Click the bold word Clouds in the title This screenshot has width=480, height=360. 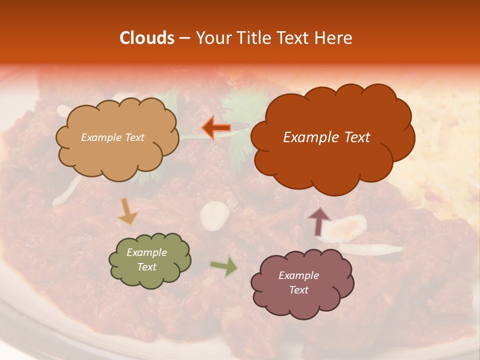pyautogui.click(x=147, y=38)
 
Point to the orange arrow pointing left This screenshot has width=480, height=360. pyautogui.click(x=216, y=128)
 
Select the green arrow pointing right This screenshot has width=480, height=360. pyautogui.click(x=224, y=266)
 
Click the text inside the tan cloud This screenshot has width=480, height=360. pyautogui.click(x=112, y=137)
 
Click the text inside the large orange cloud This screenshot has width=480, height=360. pyautogui.click(x=326, y=137)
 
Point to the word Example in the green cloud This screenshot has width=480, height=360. pyautogui.click(x=146, y=252)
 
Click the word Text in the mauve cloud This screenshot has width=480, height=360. pyautogui.click(x=298, y=290)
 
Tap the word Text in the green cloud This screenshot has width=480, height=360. pyautogui.click(x=146, y=267)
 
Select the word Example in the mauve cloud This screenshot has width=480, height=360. pyautogui.click(x=298, y=275)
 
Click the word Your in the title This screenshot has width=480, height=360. pyautogui.click(x=210, y=38)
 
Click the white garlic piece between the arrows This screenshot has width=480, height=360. pyautogui.click(x=215, y=216)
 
